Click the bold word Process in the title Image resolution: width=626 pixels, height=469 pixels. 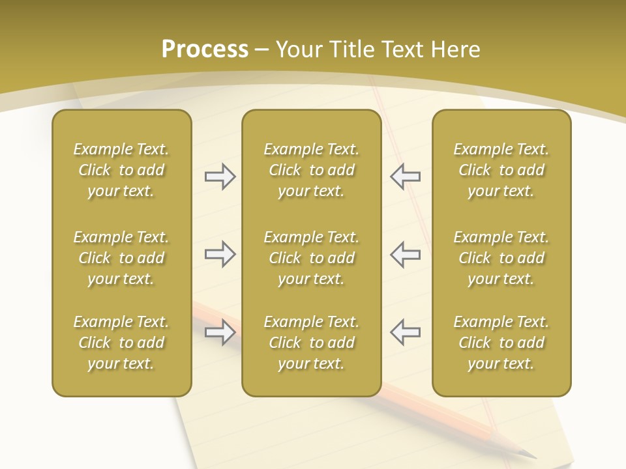click(205, 50)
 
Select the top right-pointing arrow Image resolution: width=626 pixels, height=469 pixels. click(220, 177)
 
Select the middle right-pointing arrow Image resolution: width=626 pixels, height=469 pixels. click(220, 254)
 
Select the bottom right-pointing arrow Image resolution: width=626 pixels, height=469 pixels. click(220, 332)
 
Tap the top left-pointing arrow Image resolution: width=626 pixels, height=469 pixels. click(405, 177)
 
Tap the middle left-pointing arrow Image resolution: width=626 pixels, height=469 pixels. click(405, 254)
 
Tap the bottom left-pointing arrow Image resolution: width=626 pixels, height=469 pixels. click(405, 332)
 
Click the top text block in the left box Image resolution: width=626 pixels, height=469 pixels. click(121, 170)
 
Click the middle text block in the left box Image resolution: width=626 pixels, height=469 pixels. click(121, 258)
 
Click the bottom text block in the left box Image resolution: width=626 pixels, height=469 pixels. click(121, 343)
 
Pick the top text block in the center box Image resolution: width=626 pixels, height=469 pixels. click(311, 170)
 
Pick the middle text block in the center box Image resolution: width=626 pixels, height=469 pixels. click(311, 258)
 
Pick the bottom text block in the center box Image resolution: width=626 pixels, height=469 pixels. click(311, 343)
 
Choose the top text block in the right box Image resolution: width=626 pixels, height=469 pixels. click(501, 170)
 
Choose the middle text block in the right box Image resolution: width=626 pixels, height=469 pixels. click(501, 258)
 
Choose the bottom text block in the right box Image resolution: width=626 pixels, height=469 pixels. click(501, 343)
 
